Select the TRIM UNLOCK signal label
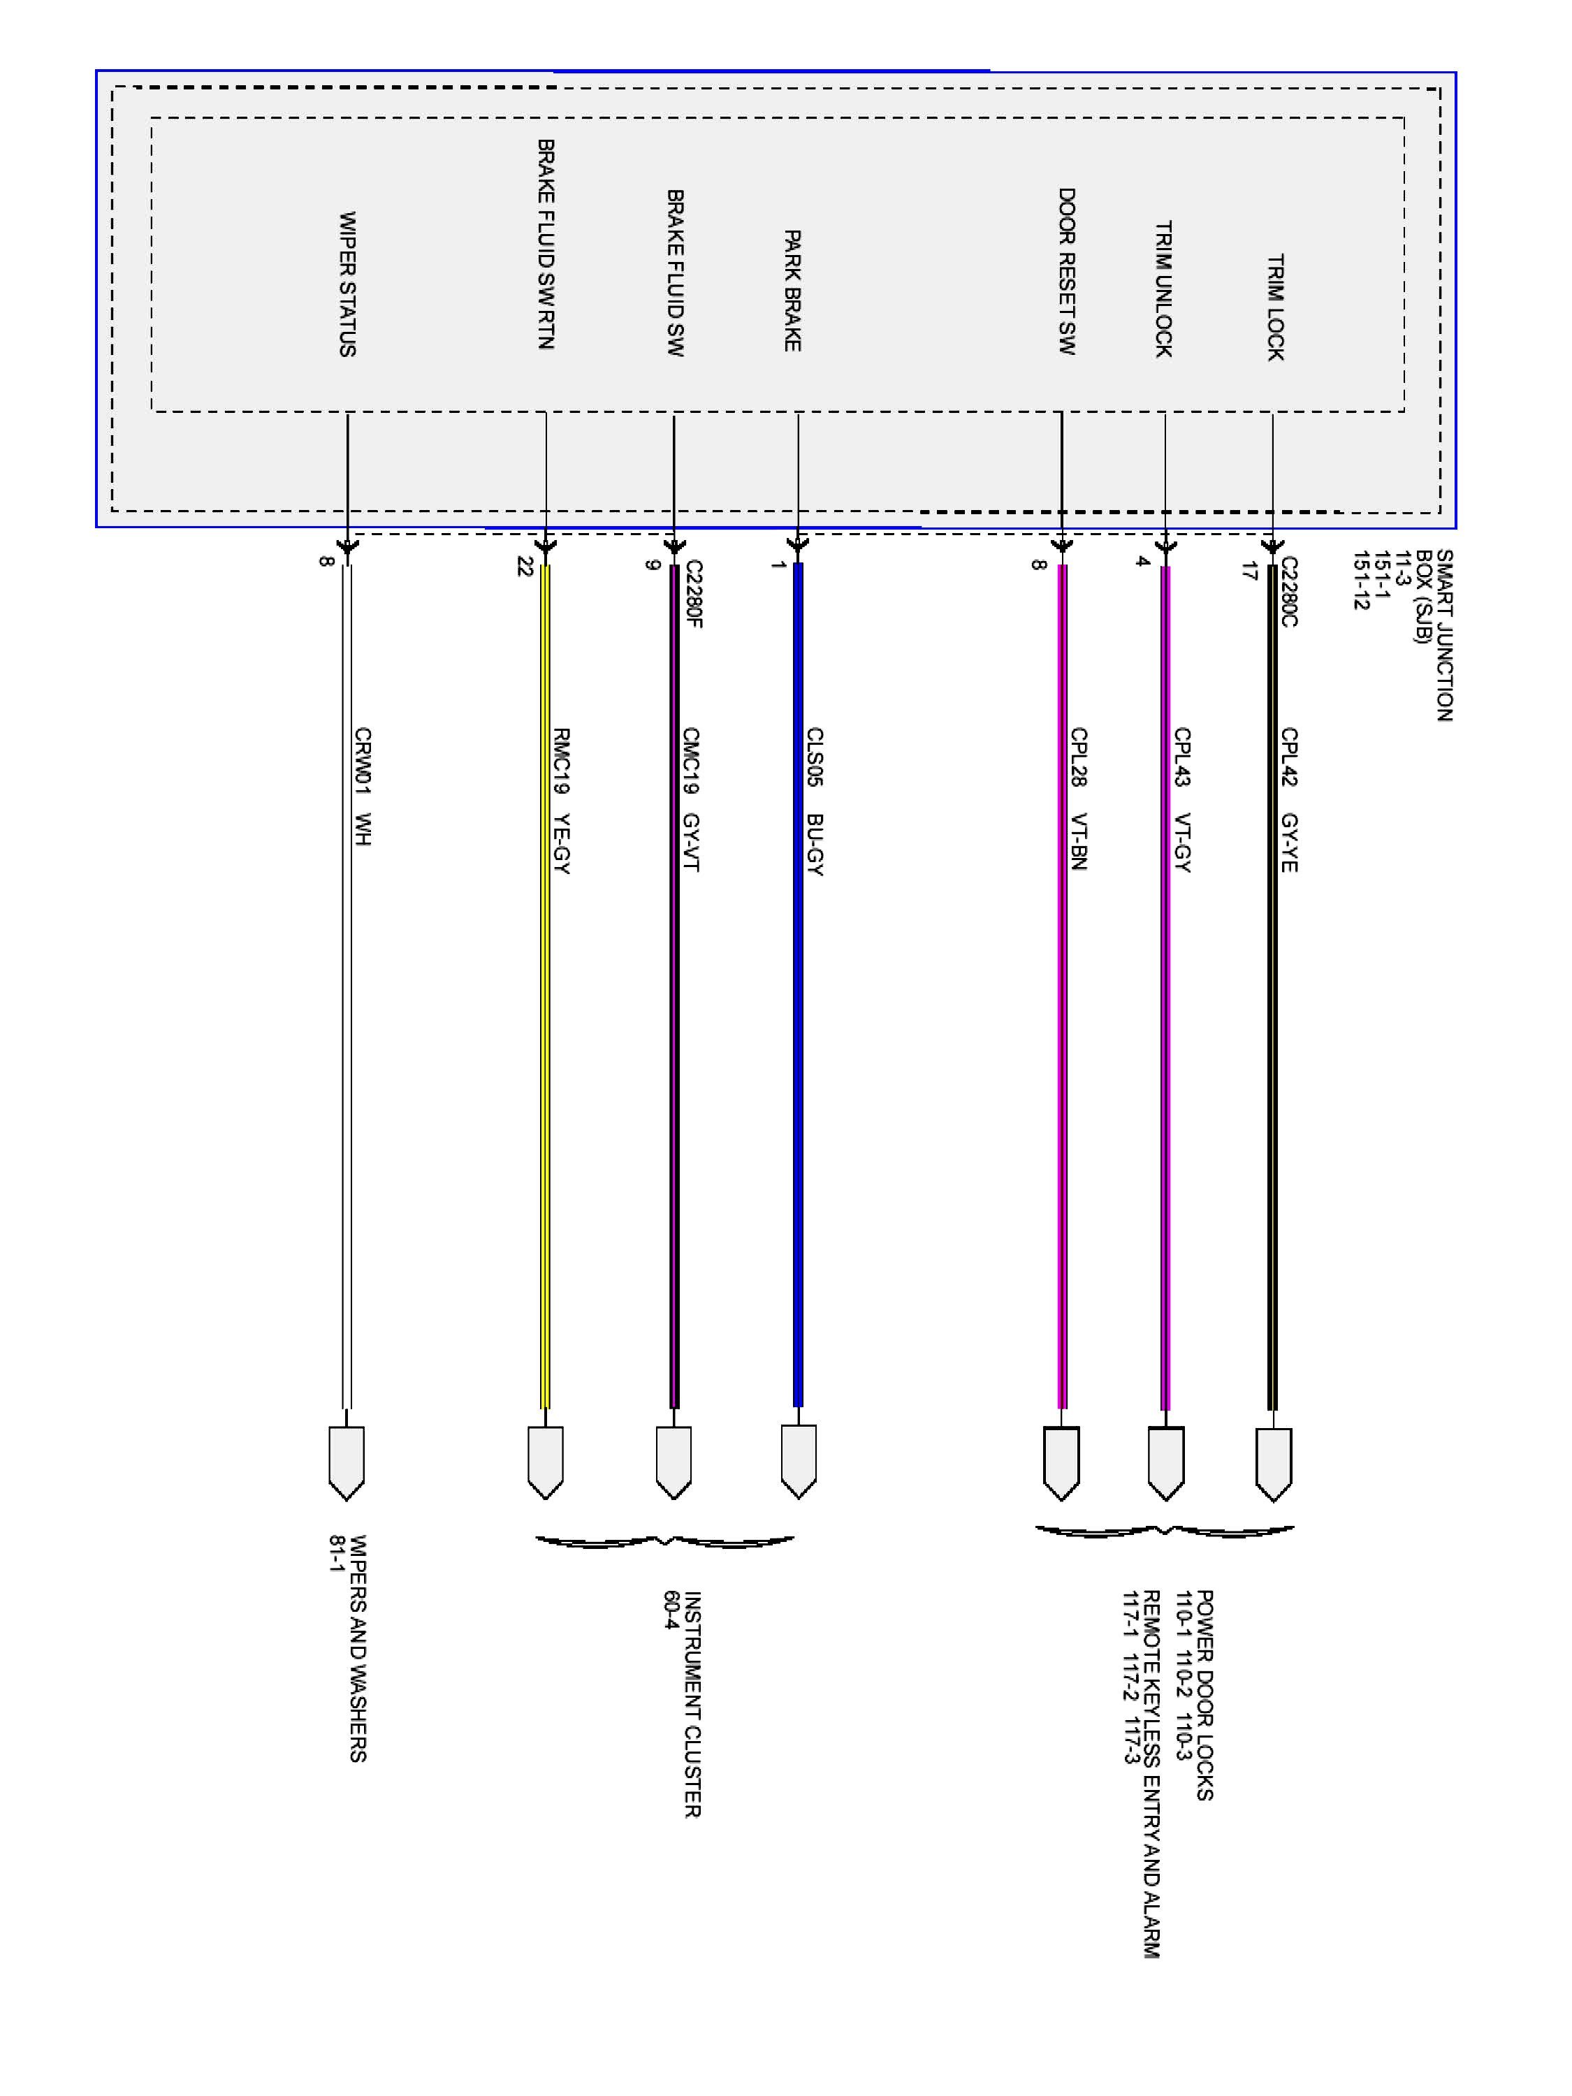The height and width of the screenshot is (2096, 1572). [1163, 289]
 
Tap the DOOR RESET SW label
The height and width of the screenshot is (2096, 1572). [1066, 271]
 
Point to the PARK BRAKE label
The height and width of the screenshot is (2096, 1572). [792, 290]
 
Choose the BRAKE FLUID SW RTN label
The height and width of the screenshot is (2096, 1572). [546, 245]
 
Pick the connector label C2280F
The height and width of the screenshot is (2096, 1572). [694, 593]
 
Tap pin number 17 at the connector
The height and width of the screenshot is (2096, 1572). [1249, 572]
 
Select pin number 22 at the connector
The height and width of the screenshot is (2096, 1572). [524, 567]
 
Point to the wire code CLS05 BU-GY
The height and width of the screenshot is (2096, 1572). [814, 801]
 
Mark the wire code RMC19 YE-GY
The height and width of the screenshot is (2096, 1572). [561, 801]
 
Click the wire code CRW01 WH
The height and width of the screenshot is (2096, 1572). [362, 787]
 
